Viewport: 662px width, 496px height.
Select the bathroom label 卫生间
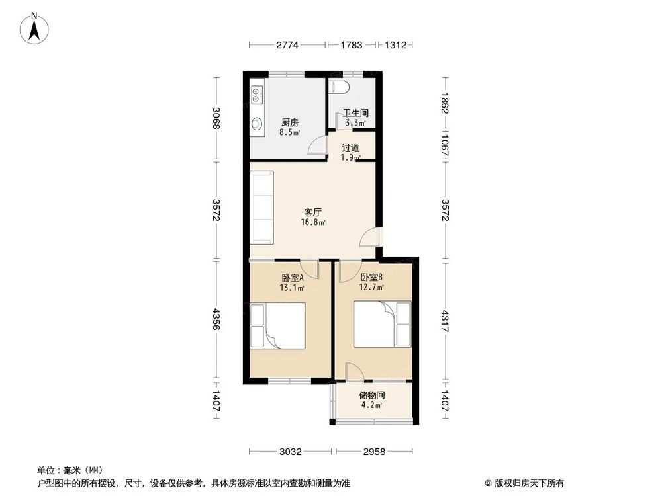coord(355,113)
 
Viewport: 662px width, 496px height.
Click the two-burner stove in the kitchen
coord(256,97)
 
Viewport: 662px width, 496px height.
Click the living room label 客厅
coord(312,212)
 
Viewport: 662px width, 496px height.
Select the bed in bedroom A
coord(277,325)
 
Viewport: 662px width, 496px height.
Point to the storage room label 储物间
coord(371,395)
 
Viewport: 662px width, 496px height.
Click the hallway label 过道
coord(350,148)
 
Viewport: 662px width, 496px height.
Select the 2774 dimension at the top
coord(287,45)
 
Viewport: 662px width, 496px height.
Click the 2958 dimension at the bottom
coord(375,452)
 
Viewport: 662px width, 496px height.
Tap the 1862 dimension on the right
coord(445,103)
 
